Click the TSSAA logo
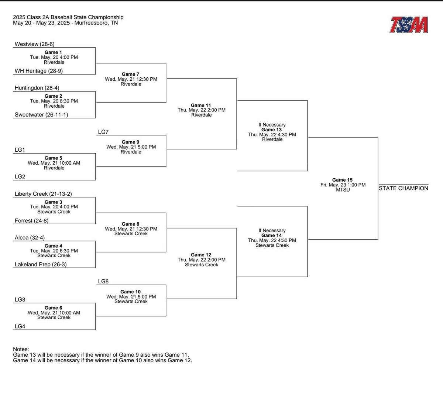pyautogui.click(x=409, y=25)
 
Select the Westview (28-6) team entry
pyautogui.click(x=34, y=44)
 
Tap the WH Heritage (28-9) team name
pyautogui.click(x=38, y=71)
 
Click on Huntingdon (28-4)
pyautogui.click(x=37, y=88)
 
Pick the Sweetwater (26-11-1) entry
pyautogui.click(x=41, y=115)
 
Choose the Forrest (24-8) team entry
pyautogui.click(x=31, y=221)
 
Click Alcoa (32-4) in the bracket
pyautogui.click(x=30, y=238)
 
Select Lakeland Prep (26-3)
pyautogui.click(x=40, y=265)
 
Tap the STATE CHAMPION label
pyautogui.click(x=403, y=188)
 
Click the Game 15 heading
pyautogui.click(x=342, y=180)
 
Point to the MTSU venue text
pyautogui.click(x=343, y=190)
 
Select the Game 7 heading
pyautogui.click(x=130, y=74)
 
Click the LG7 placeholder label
pyautogui.click(x=103, y=132)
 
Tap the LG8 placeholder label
pyautogui.click(x=103, y=282)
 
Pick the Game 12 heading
pyautogui.click(x=201, y=255)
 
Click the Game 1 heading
pyautogui.click(x=54, y=53)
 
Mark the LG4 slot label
pyautogui.click(x=20, y=326)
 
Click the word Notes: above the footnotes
pyautogui.click(x=21, y=349)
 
